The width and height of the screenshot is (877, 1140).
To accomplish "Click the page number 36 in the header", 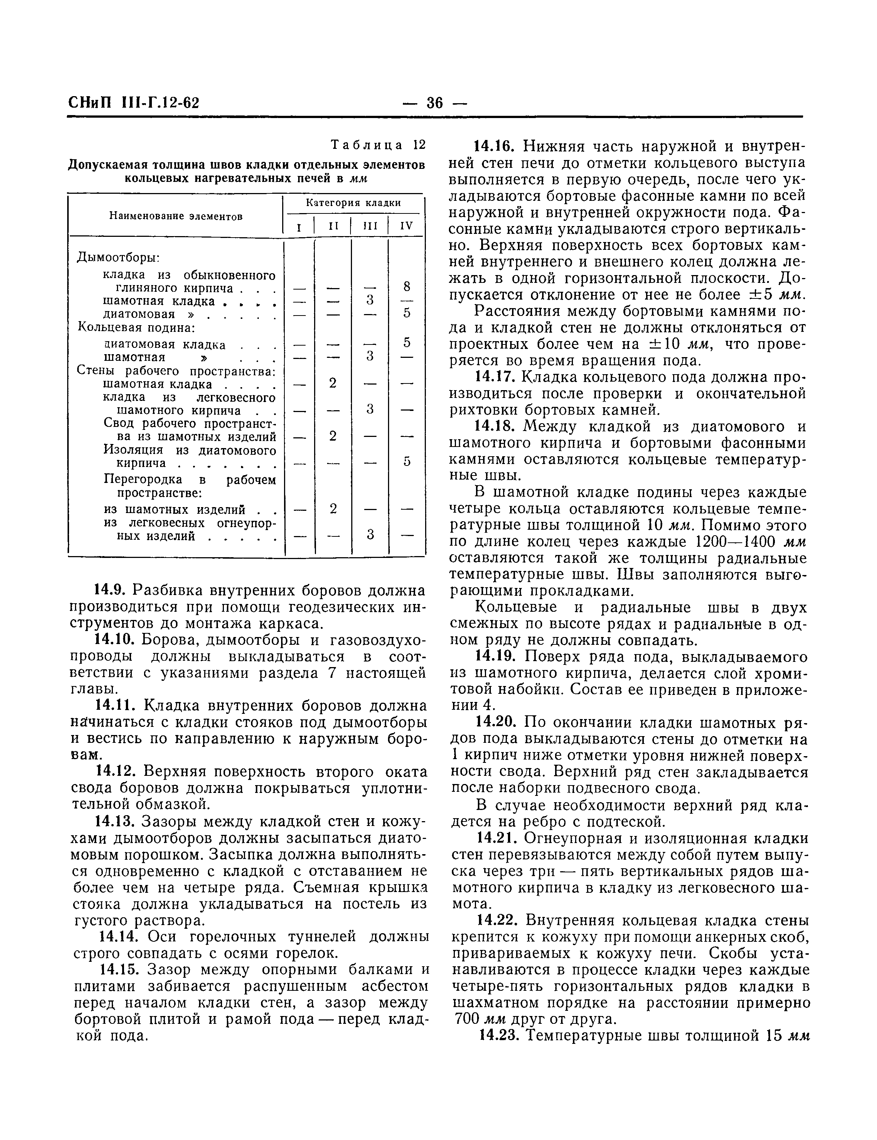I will pyautogui.click(x=435, y=103).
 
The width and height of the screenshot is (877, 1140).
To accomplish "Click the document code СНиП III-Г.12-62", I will pyautogui.click(x=134, y=103).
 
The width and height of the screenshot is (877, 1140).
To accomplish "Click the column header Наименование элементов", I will pyautogui.click(x=176, y=216).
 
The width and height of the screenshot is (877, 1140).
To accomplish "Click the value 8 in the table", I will pyautogui.click(x=407, y=286).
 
